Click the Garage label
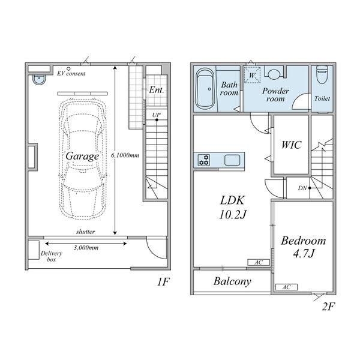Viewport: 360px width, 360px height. [82, 157]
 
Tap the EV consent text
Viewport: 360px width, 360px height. [71, 73]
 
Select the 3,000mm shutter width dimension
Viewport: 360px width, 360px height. [86, 247]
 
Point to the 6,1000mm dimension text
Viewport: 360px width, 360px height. [125, 155]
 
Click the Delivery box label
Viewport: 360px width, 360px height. [52, 256]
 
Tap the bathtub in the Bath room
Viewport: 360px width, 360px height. [205, 89]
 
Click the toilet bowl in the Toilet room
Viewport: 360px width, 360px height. [322, 75]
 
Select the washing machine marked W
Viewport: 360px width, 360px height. [252, 75]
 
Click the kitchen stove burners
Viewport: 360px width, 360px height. [204, 160]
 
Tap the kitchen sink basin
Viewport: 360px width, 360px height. [232, 160]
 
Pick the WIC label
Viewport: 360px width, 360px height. [291, 145]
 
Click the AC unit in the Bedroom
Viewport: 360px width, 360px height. [286, 287]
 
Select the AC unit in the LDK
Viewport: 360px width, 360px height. [258, 262]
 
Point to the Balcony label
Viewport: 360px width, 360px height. [232, 281]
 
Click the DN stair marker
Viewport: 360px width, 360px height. [302, 188]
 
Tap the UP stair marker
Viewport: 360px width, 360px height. [157, 115]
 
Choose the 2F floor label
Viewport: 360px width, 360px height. [329, 307]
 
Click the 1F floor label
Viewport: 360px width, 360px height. [163, 281]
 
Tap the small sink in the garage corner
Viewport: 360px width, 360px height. [39, 79]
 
